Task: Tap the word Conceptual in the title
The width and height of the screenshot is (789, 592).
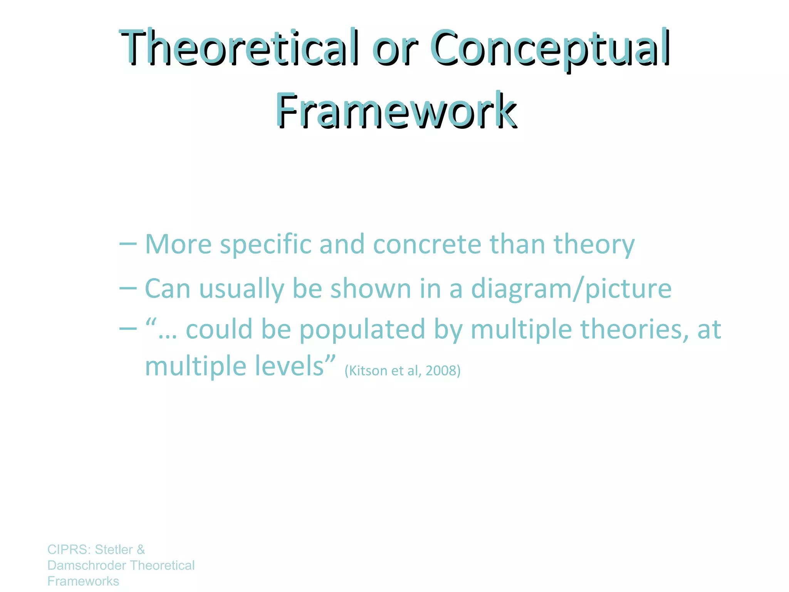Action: pos(550,47)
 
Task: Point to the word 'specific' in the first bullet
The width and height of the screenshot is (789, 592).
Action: pos(265,245)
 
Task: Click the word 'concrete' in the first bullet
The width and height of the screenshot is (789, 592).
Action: pos(427,245)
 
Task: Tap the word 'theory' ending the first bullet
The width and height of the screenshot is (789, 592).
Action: pos(594,245)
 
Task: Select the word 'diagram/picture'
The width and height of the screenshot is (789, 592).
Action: pos(571,289)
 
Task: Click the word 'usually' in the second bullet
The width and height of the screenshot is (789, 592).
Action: pos(242,289)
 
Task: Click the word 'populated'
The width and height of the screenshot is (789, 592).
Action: pos(362,330)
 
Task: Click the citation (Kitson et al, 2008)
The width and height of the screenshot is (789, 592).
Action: pos(402,371)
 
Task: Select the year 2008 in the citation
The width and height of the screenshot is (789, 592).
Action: pos(442,371)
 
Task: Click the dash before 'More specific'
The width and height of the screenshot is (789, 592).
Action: pos(128,244)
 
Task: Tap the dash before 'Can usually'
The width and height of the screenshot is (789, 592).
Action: pos(128,288)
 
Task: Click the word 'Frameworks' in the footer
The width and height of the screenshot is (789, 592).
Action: pos(83,581)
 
